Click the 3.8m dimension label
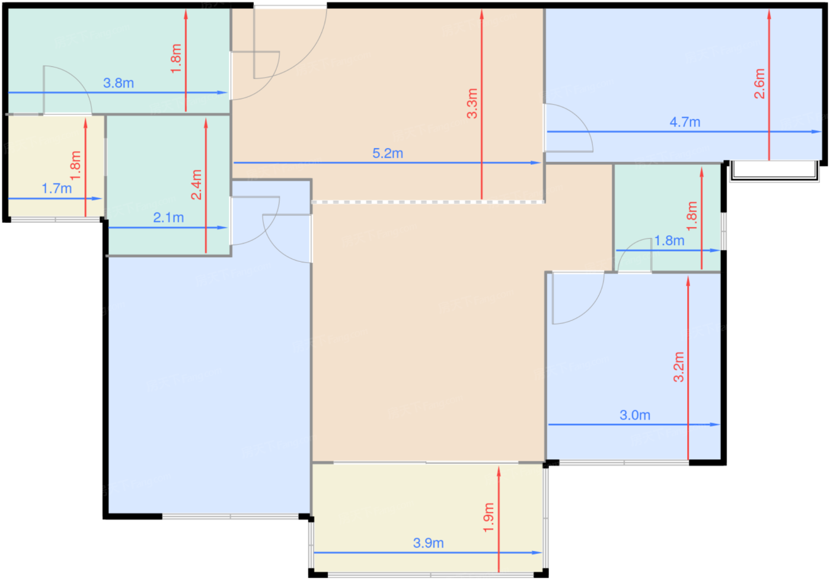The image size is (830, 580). [119, 83]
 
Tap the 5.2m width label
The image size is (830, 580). [388, 153]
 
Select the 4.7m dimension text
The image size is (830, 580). [685, 122]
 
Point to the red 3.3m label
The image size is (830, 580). [472, 103]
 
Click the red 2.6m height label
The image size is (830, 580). [759, 84]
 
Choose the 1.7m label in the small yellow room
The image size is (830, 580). [57, 188]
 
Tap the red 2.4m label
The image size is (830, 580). [196, 184]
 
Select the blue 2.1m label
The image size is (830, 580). [168, 217]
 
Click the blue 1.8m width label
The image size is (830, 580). [669, 241]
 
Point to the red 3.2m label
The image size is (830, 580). [678, 367]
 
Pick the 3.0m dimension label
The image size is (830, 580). [635, 415]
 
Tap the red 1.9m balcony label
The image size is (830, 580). [489, 517]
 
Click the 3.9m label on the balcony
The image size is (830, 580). [428, 543]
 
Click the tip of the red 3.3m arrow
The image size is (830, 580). [481, 9]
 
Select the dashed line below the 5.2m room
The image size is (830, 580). [428, 202]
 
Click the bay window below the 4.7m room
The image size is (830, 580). [775, 171]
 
